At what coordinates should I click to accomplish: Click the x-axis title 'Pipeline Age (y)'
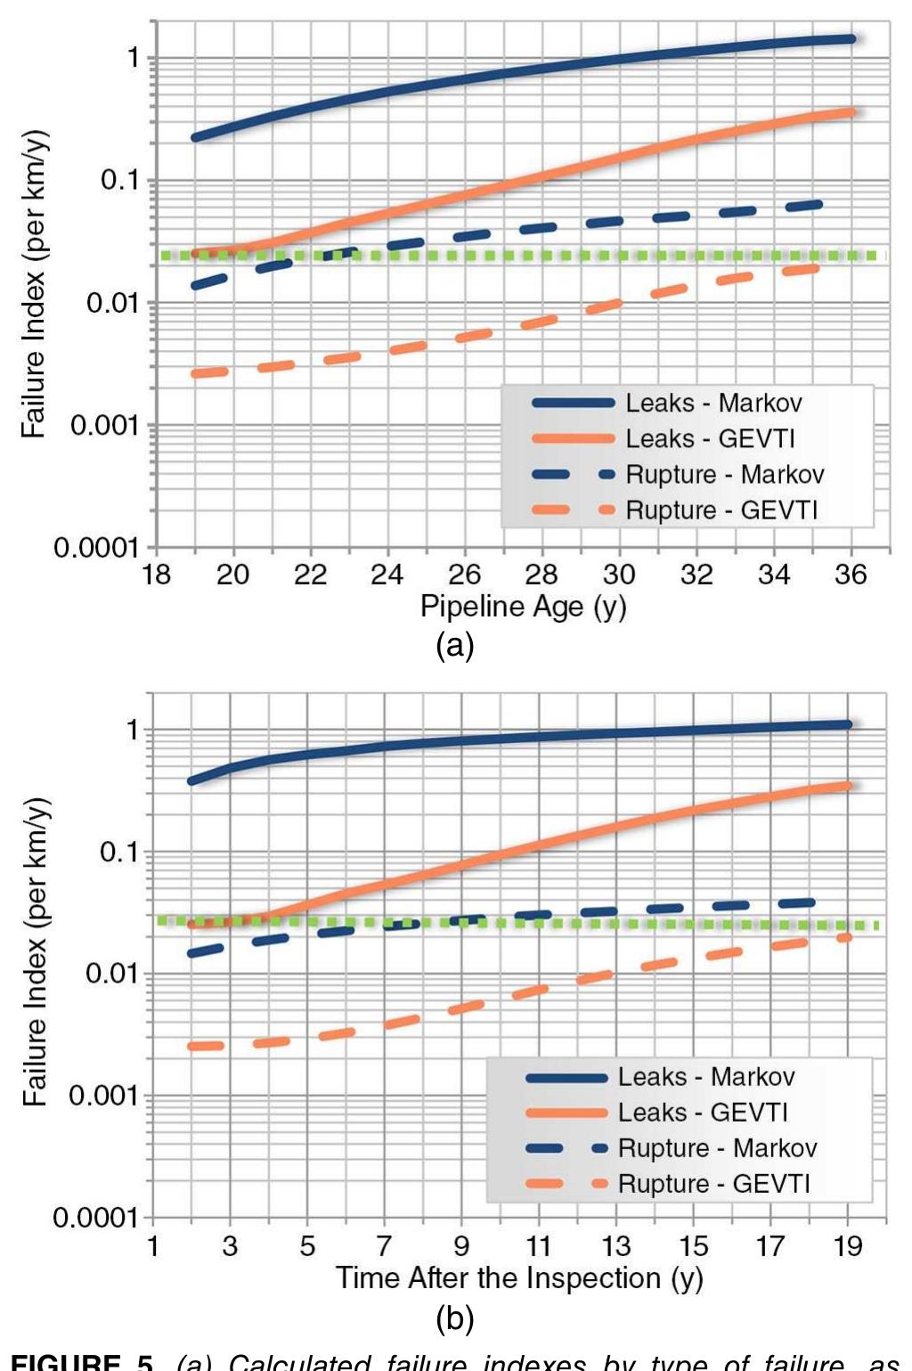pos(523,607)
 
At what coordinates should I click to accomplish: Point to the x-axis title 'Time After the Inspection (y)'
pos(519,1278)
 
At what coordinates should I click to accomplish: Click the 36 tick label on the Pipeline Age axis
pos(851,575)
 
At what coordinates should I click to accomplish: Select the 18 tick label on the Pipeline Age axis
pos(156,575)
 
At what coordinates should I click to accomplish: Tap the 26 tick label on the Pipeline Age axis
pos(464,575)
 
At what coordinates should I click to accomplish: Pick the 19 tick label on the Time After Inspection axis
pos(848,1245)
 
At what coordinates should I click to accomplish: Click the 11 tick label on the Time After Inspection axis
pos(538,1245)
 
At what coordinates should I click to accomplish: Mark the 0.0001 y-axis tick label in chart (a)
pos(96,547)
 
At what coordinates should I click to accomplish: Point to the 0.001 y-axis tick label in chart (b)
pos(103,1095)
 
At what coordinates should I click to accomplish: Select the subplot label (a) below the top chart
pos(454,644)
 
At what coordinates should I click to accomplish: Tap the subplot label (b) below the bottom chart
pos(454,1318)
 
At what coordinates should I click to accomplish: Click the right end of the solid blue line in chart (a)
pos(851,39)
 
